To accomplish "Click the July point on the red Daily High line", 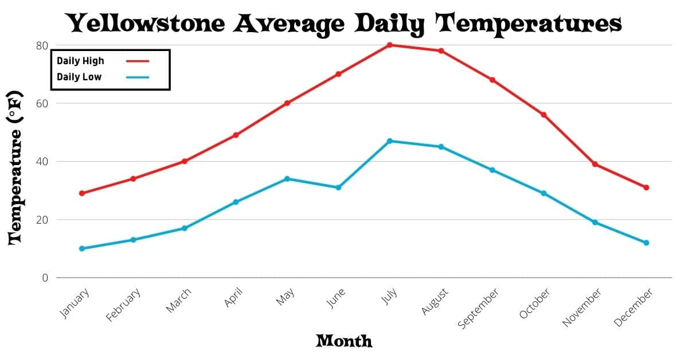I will click(x=389, y=45).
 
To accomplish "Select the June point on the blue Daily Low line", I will click(x=338, y=187).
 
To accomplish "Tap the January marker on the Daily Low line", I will click(x=81, y=249).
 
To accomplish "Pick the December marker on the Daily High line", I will click(x=646, y=187).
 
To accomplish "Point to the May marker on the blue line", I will click(x=287, y=179).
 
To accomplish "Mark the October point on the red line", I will click(x=544, y=115).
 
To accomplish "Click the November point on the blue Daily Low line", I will click(x=595, y=222).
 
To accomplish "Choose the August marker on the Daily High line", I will click(x=441, y=50).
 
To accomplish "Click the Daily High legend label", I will click(x=80, y=61).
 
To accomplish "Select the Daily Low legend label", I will click(x=79, y=77).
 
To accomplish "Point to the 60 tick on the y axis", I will click(x=42, y=103).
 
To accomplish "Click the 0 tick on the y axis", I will click(x=45, y=278).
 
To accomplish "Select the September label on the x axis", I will click(x=479, y=308).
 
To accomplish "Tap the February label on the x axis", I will click(x=123, y=306).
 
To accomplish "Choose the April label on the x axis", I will click(x=234, y=298).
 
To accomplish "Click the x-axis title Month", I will click(x=344, y=341).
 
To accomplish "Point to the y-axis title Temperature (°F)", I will click(x=15, y=167).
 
